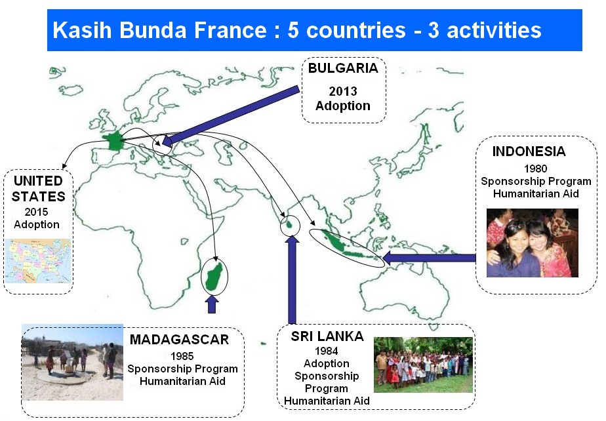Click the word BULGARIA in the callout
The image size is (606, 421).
tap(343, 68)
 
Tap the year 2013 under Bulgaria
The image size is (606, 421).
tap(343, 91)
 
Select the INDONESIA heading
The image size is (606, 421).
tap(529, 151)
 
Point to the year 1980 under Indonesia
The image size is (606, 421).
tap(535, 169)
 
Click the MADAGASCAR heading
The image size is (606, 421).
tap(179, 340)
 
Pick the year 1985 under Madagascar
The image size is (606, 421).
tap(182, 356)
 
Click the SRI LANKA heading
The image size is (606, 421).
tap(327, 336)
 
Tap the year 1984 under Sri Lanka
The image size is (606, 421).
tap(326, 351)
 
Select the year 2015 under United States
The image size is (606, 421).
tap(36, 212)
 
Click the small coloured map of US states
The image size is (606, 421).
tap(38, 260)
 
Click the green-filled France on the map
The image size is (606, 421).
tap(113, 141)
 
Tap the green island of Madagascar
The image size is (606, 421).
tap(214, 276)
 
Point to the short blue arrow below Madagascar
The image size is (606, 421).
tap(211, 304)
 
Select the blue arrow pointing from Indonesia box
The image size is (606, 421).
tap(429, 258)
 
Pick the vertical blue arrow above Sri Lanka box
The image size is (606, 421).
tap(293, 279)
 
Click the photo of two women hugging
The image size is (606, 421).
tap(532, 243)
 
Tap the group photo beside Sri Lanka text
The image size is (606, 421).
tap(423, 365)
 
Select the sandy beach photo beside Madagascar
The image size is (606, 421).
tap(72, 362)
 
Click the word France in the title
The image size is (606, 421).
tap(230, 30)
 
